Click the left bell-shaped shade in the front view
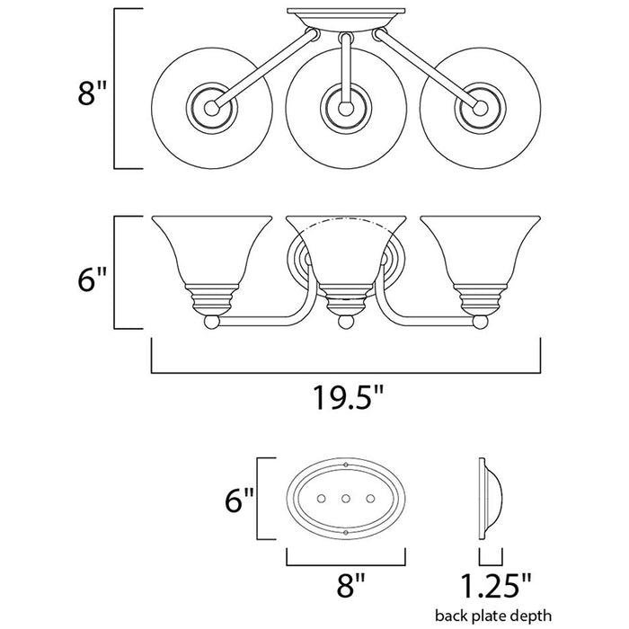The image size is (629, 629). coord(208,256)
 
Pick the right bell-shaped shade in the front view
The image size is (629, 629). coord(480,256)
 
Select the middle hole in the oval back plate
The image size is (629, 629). coord(345,498)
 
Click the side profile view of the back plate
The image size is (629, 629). coord(487,498)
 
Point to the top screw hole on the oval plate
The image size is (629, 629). coord(346,465)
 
